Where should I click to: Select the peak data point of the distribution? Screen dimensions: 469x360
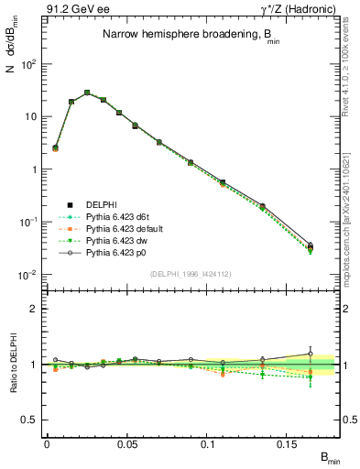point(87,93)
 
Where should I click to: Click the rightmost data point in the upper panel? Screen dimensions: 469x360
point(310,246)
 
